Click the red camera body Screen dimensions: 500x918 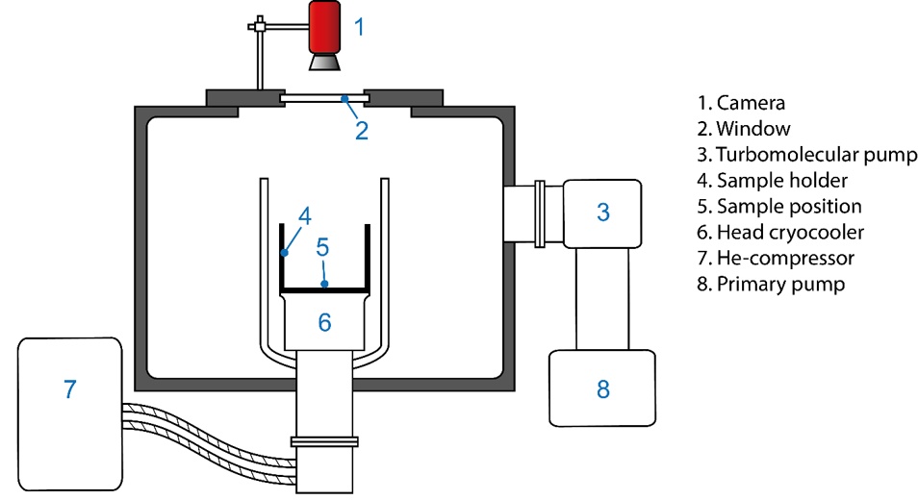tap(324, 27)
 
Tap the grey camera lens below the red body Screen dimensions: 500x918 tap(324, 62)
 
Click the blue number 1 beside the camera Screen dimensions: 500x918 tap(360, 27)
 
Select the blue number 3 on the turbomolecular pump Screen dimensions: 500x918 tap(603, 212)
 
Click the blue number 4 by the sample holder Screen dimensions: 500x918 tap(304, 216)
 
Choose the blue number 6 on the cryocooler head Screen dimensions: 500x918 tap(324, 322)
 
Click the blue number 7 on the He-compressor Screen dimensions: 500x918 tap(69, 389)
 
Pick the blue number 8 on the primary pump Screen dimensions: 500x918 tap(603, 388)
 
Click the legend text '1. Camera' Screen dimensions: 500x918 tap(741, 103)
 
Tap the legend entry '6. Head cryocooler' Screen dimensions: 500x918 tap(783, 233)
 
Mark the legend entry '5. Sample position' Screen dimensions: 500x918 tap(779, 207)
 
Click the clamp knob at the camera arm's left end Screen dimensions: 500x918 tap(258, 22)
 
